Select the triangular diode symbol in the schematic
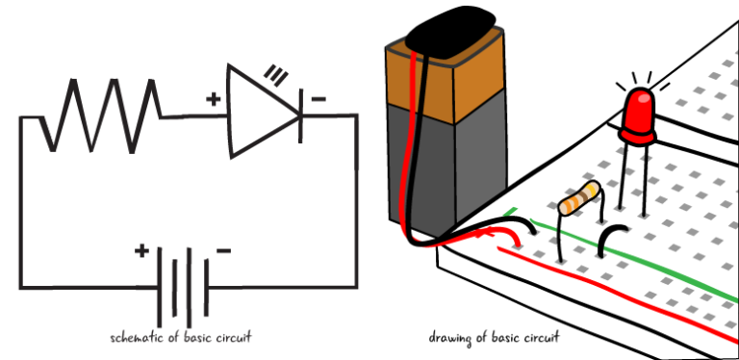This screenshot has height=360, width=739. tap(257, 109)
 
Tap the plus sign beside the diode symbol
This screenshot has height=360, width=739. tap(215, 97)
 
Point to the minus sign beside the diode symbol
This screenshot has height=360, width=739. tap(319, 98)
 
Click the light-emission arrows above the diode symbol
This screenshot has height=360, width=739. tap(279, 72)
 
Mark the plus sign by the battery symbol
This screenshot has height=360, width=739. tap(142, 252)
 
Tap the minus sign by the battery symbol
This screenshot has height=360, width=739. tap(223, 251)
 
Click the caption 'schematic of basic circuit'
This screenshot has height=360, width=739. tap(182, 339)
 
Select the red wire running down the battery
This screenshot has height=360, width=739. tap(417, 144)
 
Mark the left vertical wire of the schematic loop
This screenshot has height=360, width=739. tap(18, 202)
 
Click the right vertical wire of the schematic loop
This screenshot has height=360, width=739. tap(357, 202)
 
